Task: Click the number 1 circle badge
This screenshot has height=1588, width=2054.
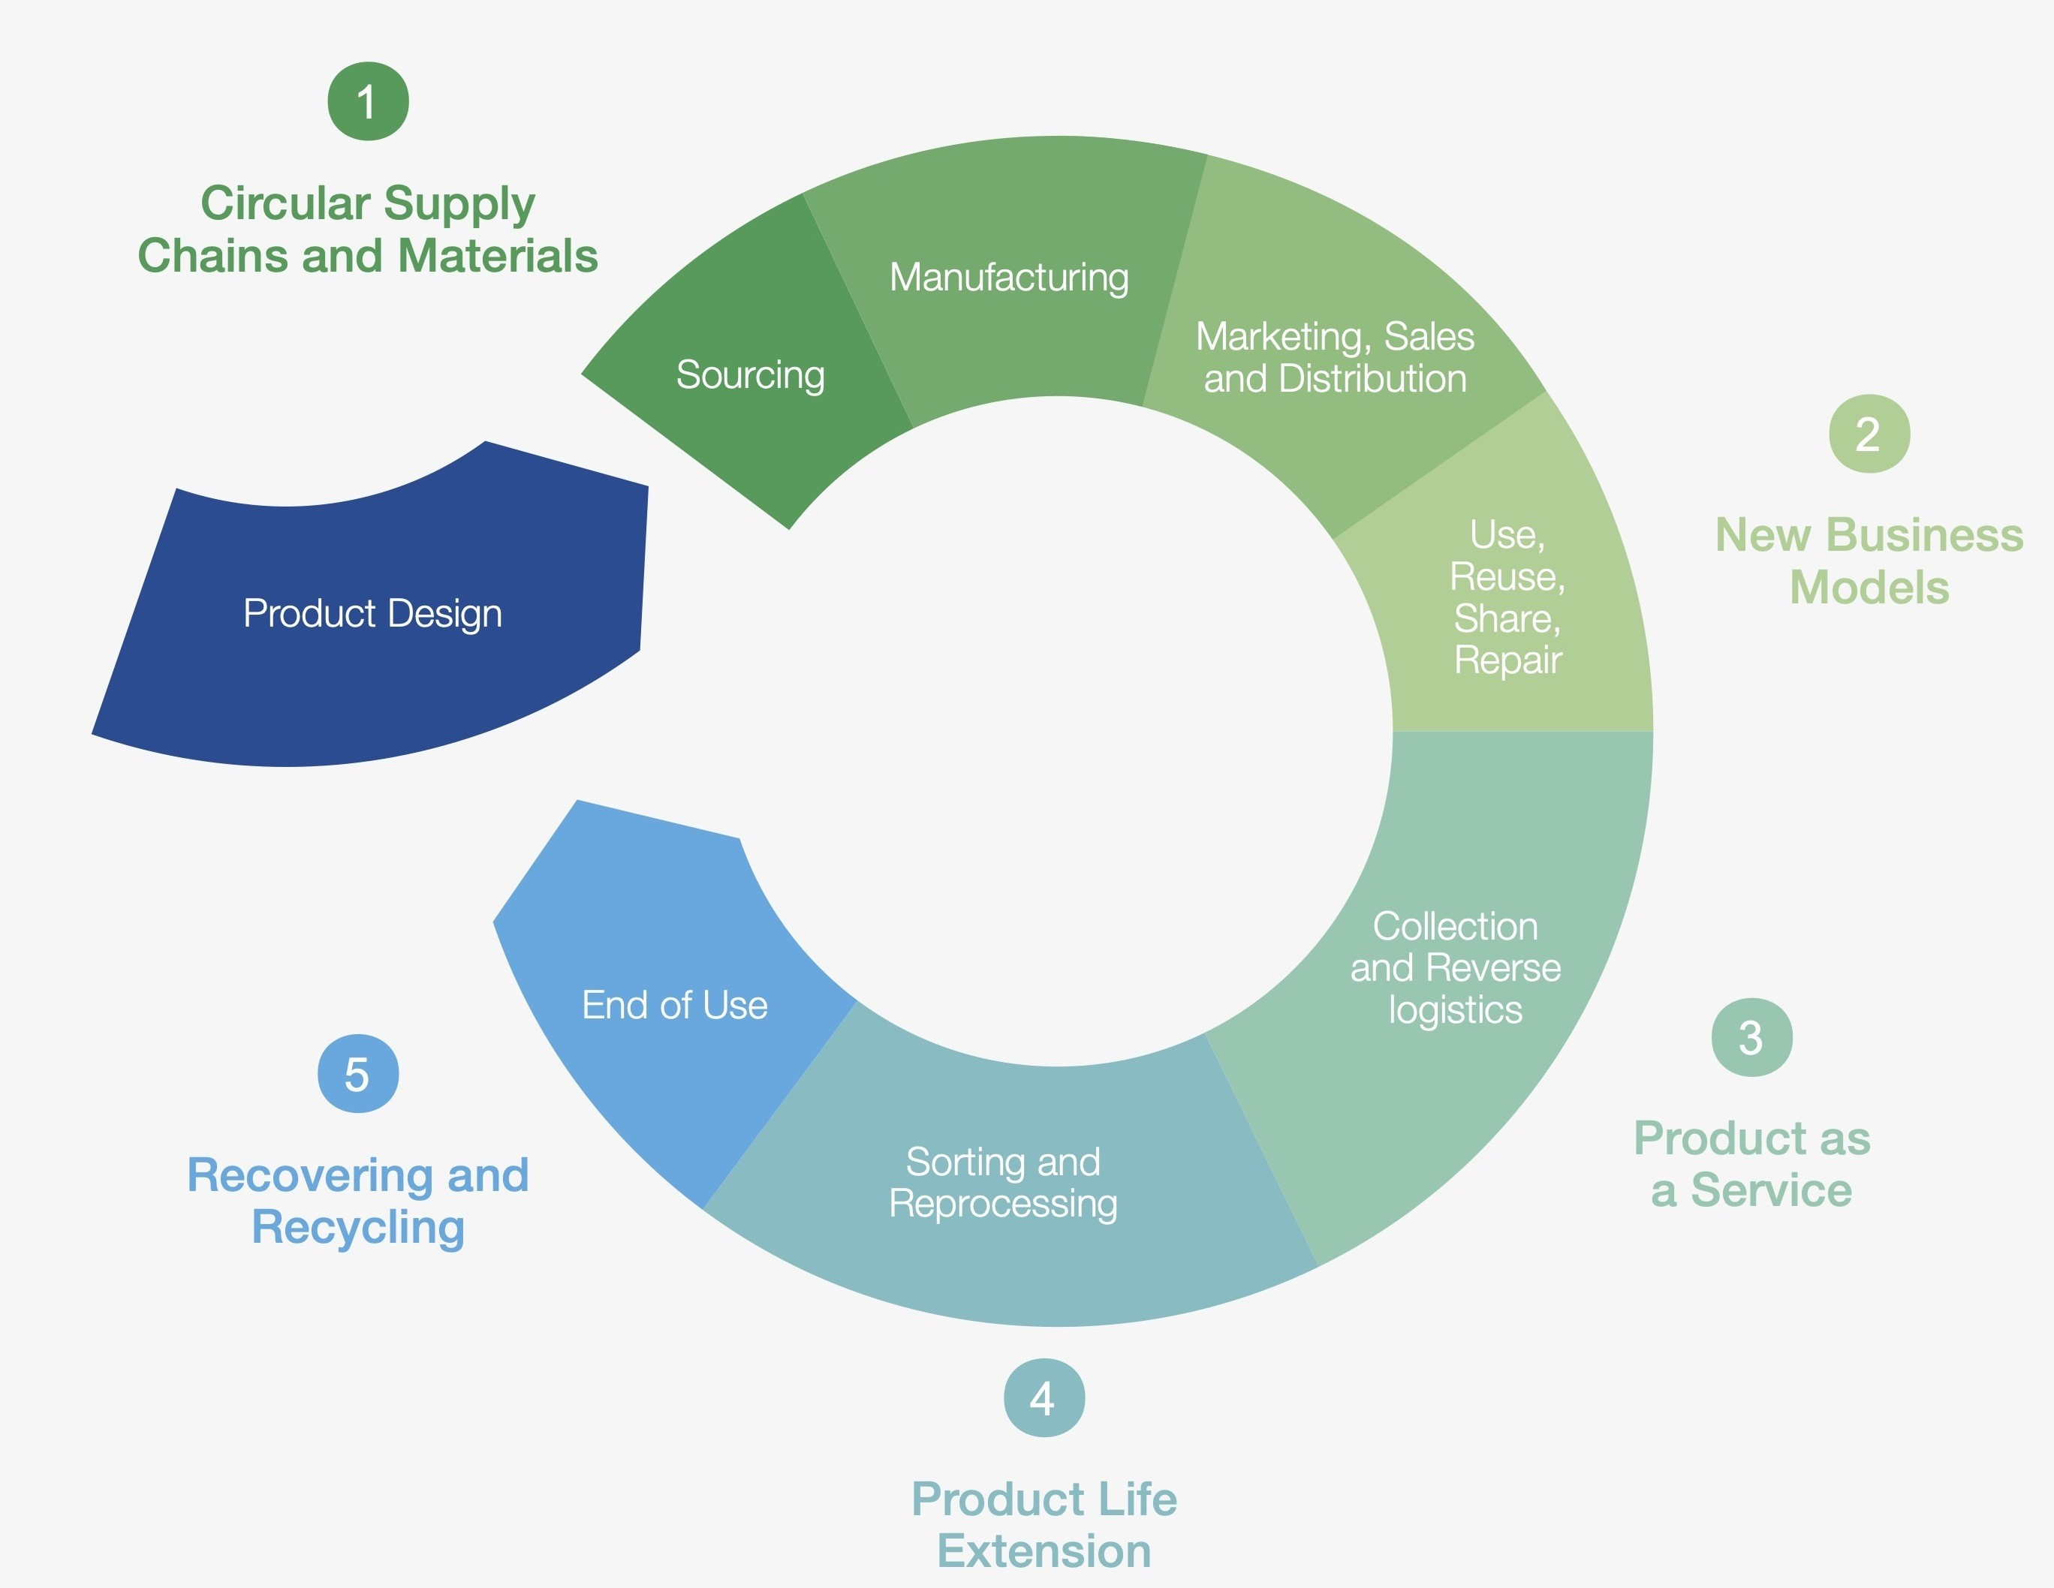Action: click(x=368, y=101)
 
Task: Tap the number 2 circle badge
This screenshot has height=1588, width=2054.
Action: click(x=1869, y=434)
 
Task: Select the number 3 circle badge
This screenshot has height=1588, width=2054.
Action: click(x=1751, y=1037)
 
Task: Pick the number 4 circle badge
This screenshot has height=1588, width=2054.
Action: click(x=1044, y=1398)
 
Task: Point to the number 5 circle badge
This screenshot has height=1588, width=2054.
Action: click(x=357, y=1074)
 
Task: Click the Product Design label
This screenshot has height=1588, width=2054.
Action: click(x=372, y=614)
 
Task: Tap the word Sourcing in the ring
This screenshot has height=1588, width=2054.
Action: click(x=751, y=375)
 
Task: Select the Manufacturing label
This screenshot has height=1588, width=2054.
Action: click(x=1009, y=278)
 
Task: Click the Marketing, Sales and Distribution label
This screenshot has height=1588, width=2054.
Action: click(x=1335, y=357)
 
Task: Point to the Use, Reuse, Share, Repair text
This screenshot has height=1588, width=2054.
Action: click(x=1507, y=597)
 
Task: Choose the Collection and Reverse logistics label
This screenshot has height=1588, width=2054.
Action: click(x=1455, y=967)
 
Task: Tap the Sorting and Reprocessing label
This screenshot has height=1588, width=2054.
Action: click(x=1004, y=1183)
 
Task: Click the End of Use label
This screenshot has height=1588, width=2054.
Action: click(x=674, y=1005)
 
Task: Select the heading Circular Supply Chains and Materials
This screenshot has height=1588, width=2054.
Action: click(x=368, y=230)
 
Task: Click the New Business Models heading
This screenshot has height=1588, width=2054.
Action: click(x=1869, y=561)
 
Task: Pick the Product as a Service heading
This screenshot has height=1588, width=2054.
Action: click(x=1751, y=1164)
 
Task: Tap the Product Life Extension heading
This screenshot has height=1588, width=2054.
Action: click(x=1044, y=1525)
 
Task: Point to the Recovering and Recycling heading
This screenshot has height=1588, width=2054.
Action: click(x=357, y=1202)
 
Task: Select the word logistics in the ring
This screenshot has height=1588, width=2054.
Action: click(x=1455, y=1011)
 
